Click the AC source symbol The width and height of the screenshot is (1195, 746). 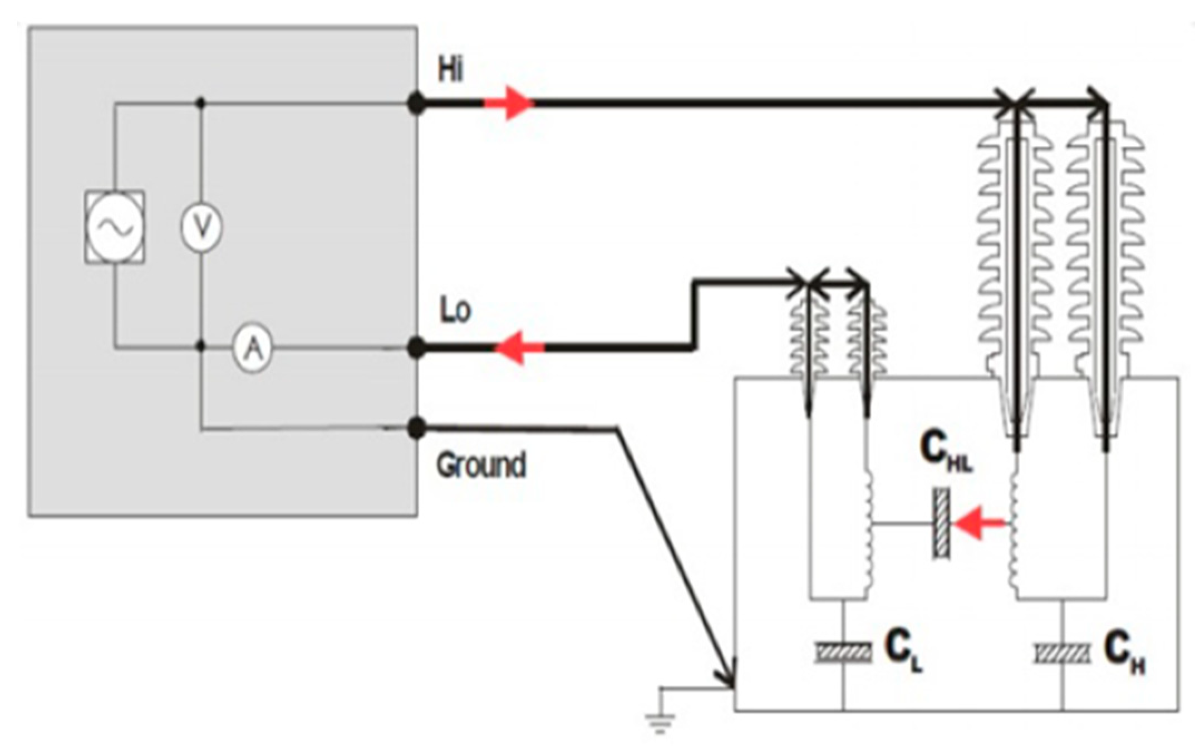[x=115, y=227]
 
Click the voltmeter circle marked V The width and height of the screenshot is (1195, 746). [x=201, y=227]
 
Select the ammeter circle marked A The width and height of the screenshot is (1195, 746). [x=253, y=349]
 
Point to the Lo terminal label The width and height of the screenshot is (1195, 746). [x=455, y=310]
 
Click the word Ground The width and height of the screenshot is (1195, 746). [x=481, y=465]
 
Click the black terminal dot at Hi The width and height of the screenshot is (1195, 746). [x=416, y=104]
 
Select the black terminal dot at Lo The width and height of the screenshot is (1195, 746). [x=416, y=349]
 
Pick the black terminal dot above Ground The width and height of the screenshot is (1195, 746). [x=416, y=429]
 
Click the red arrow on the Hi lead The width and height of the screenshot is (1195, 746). [x=509, y=103]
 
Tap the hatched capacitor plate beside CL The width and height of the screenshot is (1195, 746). [x=843, y=652]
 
